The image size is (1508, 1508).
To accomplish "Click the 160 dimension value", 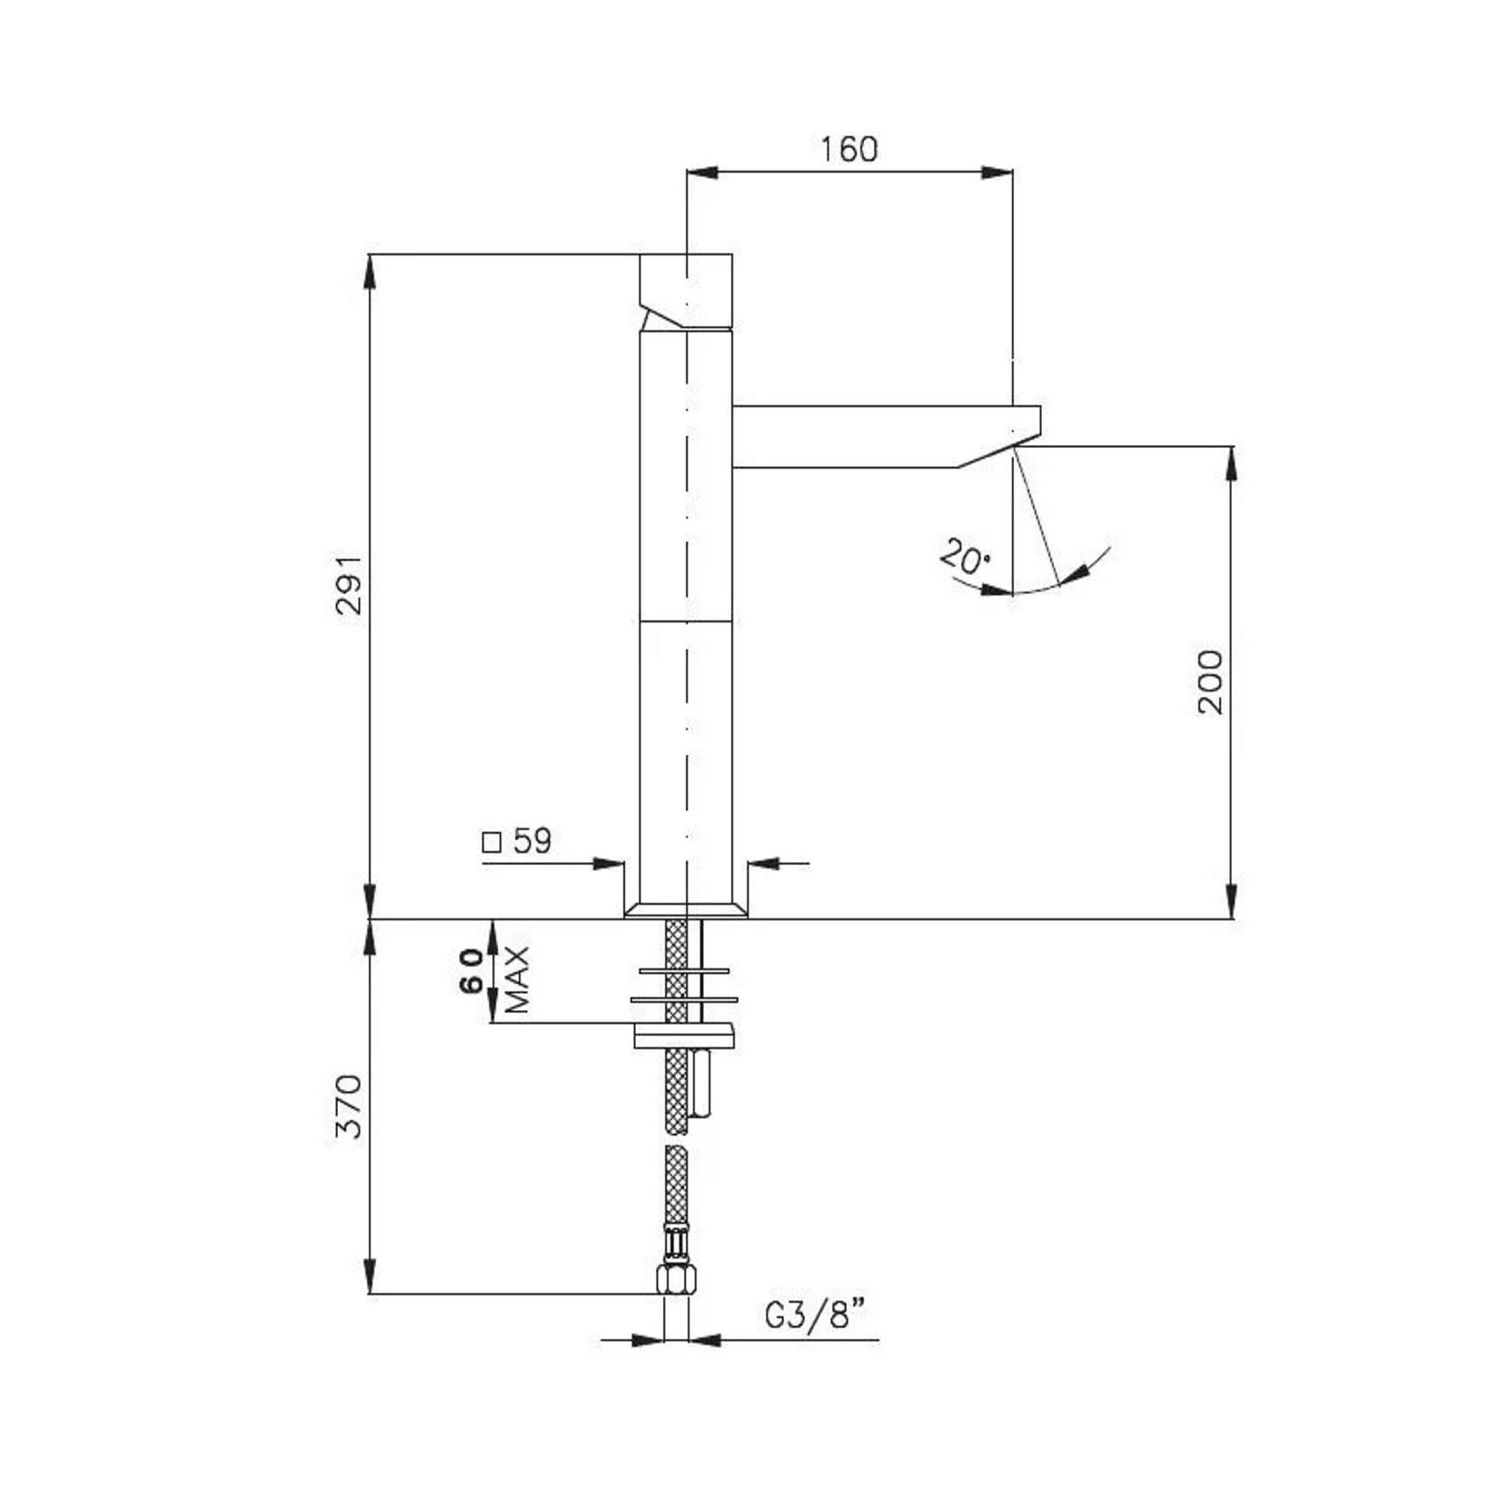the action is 849,149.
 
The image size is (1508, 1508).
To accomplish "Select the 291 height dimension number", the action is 349,586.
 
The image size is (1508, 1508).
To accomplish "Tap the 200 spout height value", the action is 1210,681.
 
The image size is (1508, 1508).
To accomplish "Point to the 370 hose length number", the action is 349,1106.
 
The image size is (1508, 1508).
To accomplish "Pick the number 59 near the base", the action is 532,841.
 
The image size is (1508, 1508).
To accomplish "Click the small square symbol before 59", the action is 491,843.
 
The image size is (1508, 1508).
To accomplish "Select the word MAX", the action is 517,979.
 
